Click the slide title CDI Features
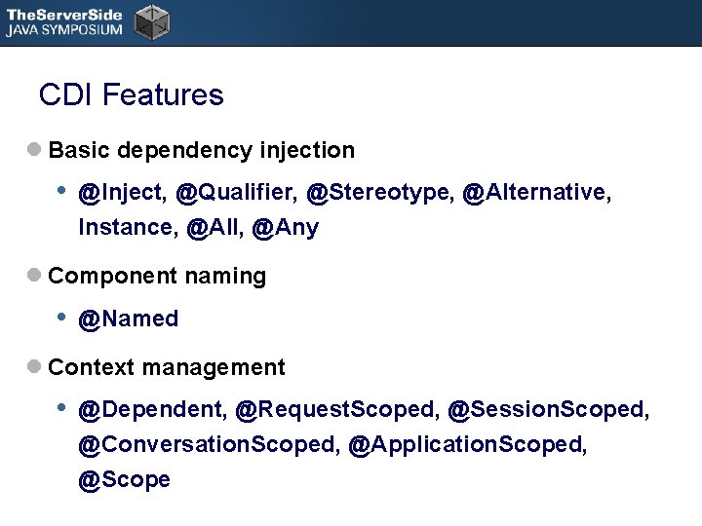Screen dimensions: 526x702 131,95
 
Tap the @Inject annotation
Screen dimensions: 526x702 122,193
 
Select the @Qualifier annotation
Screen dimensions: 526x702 236,193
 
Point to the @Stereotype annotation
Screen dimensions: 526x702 379,193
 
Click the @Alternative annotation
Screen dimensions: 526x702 536,193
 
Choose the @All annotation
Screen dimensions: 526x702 213,228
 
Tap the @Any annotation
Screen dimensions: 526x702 285,228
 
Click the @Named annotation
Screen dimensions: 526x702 129,319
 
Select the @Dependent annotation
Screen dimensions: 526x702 152,410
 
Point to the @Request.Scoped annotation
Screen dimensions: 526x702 336,410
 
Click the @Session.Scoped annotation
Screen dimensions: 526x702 548,410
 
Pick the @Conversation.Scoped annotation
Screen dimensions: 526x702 209,445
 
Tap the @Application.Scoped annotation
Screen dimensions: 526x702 468,445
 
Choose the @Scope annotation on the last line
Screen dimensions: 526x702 124,480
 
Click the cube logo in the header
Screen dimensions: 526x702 151,21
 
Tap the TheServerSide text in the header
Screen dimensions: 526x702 64,14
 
